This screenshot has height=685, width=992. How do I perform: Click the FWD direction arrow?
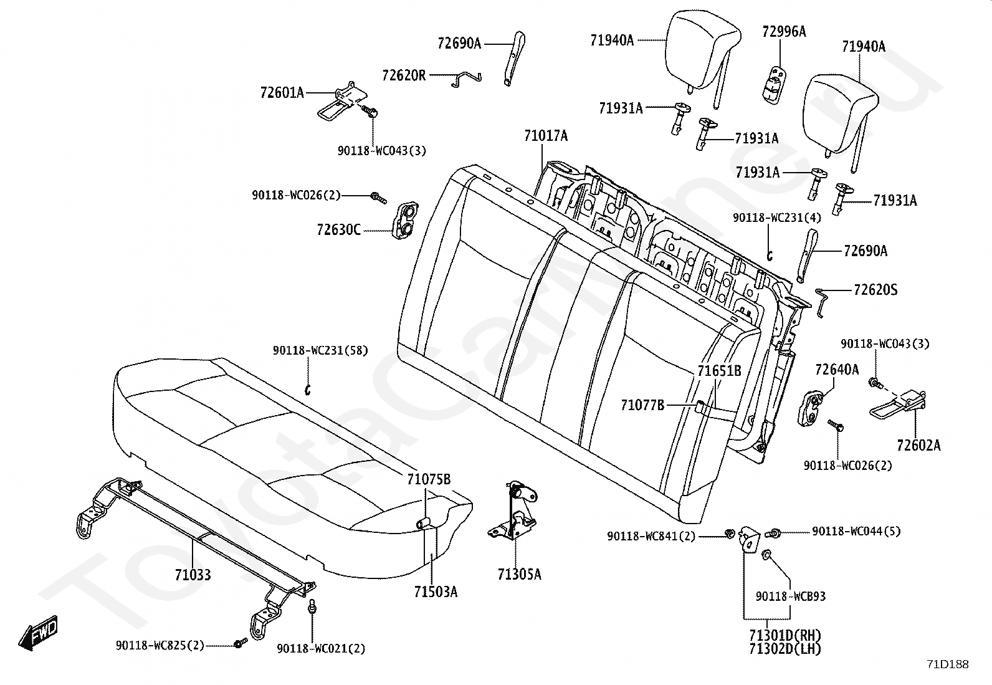(x=38, y=633)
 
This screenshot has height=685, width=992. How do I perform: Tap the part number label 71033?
(x=193, y=575)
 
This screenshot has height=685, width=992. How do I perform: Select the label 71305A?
(x=520, y=575)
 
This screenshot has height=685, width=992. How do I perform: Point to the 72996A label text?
(x=785, y=32)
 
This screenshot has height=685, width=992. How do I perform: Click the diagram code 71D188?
(x=948, y=664)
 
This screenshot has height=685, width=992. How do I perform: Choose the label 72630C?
(x=339, y=230)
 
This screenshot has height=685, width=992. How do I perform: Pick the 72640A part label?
(x=837, y=369)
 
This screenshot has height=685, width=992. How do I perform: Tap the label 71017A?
(x=546, y=136)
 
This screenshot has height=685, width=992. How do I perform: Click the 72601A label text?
(x=282, y=93)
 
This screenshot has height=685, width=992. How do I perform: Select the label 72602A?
(x=919, y=445)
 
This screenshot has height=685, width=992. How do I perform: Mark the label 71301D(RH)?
(x=785, y=635)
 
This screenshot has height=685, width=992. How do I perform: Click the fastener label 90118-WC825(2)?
(x=160, y=646)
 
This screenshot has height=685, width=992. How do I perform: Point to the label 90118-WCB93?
(x=791, y=596)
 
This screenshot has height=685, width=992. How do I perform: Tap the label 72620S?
(x=875, y=290)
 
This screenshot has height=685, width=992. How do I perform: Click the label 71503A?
(x=436, y=592)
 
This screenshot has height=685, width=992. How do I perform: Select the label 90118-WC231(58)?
(x=320, y=350)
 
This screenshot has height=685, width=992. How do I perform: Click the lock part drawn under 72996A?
(x=774, y=85)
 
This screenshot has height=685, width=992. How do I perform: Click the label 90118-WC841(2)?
(x=651, y=537)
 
